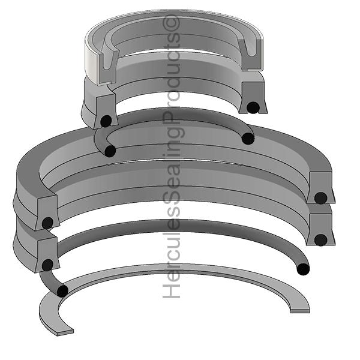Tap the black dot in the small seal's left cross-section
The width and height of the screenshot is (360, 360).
pos(106,121)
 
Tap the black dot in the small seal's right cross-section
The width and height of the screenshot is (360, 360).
pos(253,107)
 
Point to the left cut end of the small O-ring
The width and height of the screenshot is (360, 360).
pos(110,151)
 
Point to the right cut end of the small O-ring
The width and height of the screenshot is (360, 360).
pos(248,139)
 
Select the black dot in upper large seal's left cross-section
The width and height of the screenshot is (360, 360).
pos(47,224)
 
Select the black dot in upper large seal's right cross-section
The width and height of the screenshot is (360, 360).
pos(320,197)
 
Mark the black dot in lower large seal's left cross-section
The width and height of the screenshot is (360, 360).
pos(47,265)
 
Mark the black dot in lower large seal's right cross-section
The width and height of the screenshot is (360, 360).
pos(320,239)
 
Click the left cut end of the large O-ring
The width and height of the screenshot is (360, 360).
pos(62,292)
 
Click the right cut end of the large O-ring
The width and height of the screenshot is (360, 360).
pos(303,269)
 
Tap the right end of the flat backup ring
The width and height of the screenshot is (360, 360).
pos(300,308)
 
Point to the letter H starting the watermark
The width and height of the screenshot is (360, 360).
pos(172,291)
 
